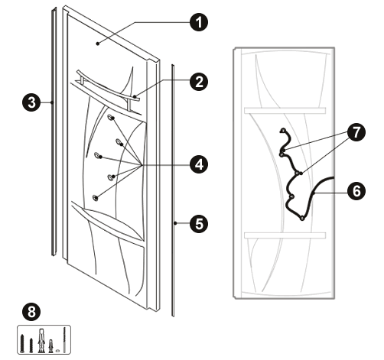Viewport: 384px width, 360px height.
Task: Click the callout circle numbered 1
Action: (199, 22)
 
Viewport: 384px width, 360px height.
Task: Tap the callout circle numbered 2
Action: (199, 82)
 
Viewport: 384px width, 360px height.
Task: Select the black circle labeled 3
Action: (31, 102)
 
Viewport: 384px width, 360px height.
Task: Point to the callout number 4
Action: (199, 164)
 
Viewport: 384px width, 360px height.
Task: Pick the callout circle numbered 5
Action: (199, 224)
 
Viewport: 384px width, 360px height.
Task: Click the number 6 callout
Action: (356, 191)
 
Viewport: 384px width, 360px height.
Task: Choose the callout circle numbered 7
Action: (356, 132)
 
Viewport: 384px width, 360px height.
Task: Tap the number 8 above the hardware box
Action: (31, 312)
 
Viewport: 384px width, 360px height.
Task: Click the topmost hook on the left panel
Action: (111, 118)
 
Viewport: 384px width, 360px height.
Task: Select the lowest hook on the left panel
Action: (96, 197)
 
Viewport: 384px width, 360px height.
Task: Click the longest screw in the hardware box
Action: (22, 343)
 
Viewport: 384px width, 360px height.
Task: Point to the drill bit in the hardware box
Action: (64, 339)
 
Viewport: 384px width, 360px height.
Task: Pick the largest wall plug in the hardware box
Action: (41, 341)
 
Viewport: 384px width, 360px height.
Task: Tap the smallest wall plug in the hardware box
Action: (51, 345)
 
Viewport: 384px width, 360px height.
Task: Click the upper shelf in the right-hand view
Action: (285, 111)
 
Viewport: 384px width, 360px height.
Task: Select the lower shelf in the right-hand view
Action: (285, 235)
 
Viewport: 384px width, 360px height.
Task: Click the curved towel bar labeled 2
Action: (107, 86)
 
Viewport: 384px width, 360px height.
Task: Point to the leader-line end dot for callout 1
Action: (98, 44)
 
